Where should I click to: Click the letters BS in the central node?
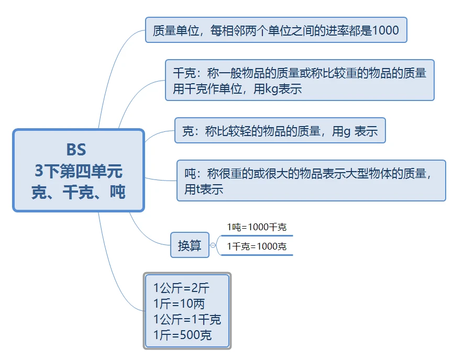coord(76,150)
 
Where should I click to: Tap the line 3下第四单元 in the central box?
coord(79,171)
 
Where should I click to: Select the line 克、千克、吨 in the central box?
coord(79,192)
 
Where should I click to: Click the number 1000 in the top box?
coord(385,30)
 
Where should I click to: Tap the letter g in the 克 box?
coord(347,131)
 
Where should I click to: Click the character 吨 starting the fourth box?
coord(190,173)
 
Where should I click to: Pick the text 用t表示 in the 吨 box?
coord(204,189)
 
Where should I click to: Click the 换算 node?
coord(190,245)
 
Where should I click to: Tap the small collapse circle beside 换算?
coord(213,245)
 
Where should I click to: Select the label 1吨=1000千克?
coord(257,227)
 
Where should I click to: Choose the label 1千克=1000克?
coord(257,246)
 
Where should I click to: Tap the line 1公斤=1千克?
coord(187,319)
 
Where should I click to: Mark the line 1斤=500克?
coord(183,335)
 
